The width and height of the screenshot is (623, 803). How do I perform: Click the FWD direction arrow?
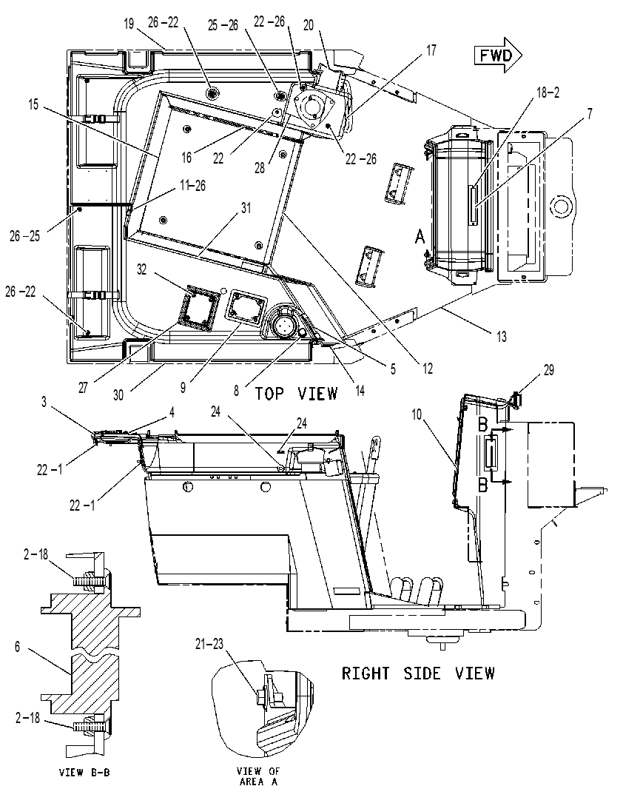pos(498,55)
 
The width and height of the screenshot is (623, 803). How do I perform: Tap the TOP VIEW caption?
pos(297,393)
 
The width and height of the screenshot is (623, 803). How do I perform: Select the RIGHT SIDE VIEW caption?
pos(418,673)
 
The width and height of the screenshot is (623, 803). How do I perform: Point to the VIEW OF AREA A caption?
pos(258,776)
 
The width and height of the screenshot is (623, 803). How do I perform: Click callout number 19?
pos(129,24)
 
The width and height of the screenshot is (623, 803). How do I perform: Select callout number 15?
pos(33,105)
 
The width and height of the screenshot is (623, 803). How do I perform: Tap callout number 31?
pos(246,208)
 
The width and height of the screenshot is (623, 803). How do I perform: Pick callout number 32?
pos(141,269)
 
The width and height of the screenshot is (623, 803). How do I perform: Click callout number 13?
pos(501,336)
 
